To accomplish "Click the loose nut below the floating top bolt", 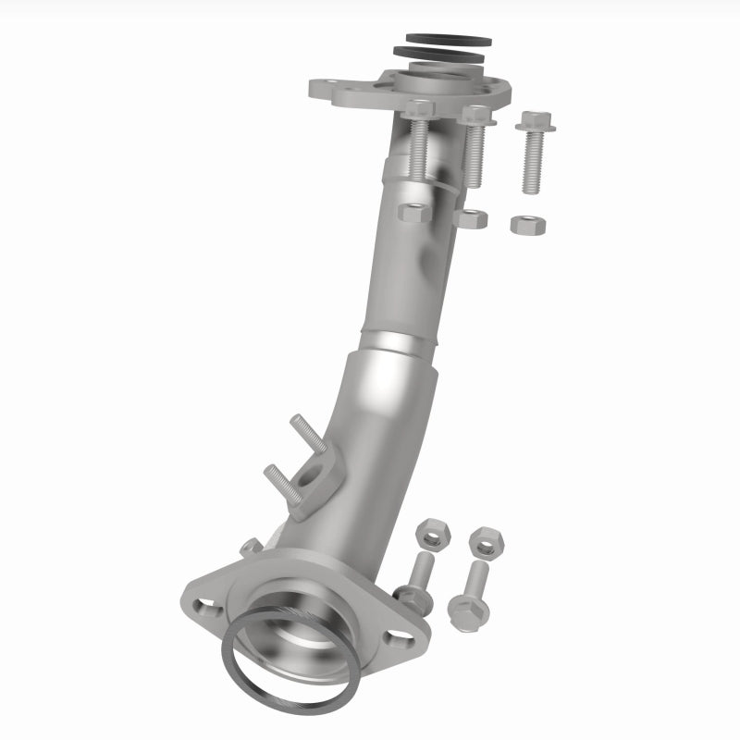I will click(528, 224).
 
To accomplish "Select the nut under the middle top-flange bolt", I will click(473, 218).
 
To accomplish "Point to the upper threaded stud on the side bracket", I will click(309, 432).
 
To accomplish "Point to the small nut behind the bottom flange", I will click(250, 548).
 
